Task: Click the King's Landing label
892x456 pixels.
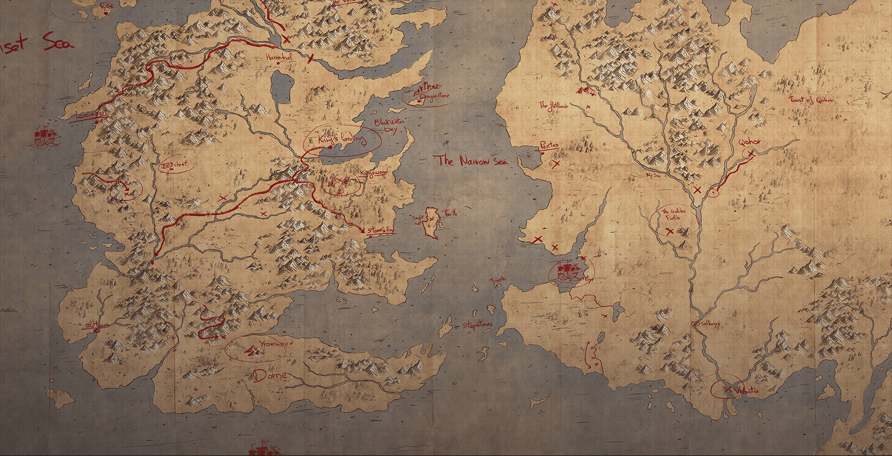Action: point(342,139)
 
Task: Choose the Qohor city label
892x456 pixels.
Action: point(748,141)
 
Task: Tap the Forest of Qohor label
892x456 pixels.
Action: point(811,100)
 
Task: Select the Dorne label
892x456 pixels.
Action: point(270,376)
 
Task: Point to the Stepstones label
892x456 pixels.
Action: point(477,325)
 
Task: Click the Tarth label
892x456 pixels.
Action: point(450,213)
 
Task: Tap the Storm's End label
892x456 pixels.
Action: point(380,230)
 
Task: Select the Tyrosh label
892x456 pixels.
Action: point(497,280)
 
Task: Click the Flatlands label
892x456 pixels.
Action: point(553,106)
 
